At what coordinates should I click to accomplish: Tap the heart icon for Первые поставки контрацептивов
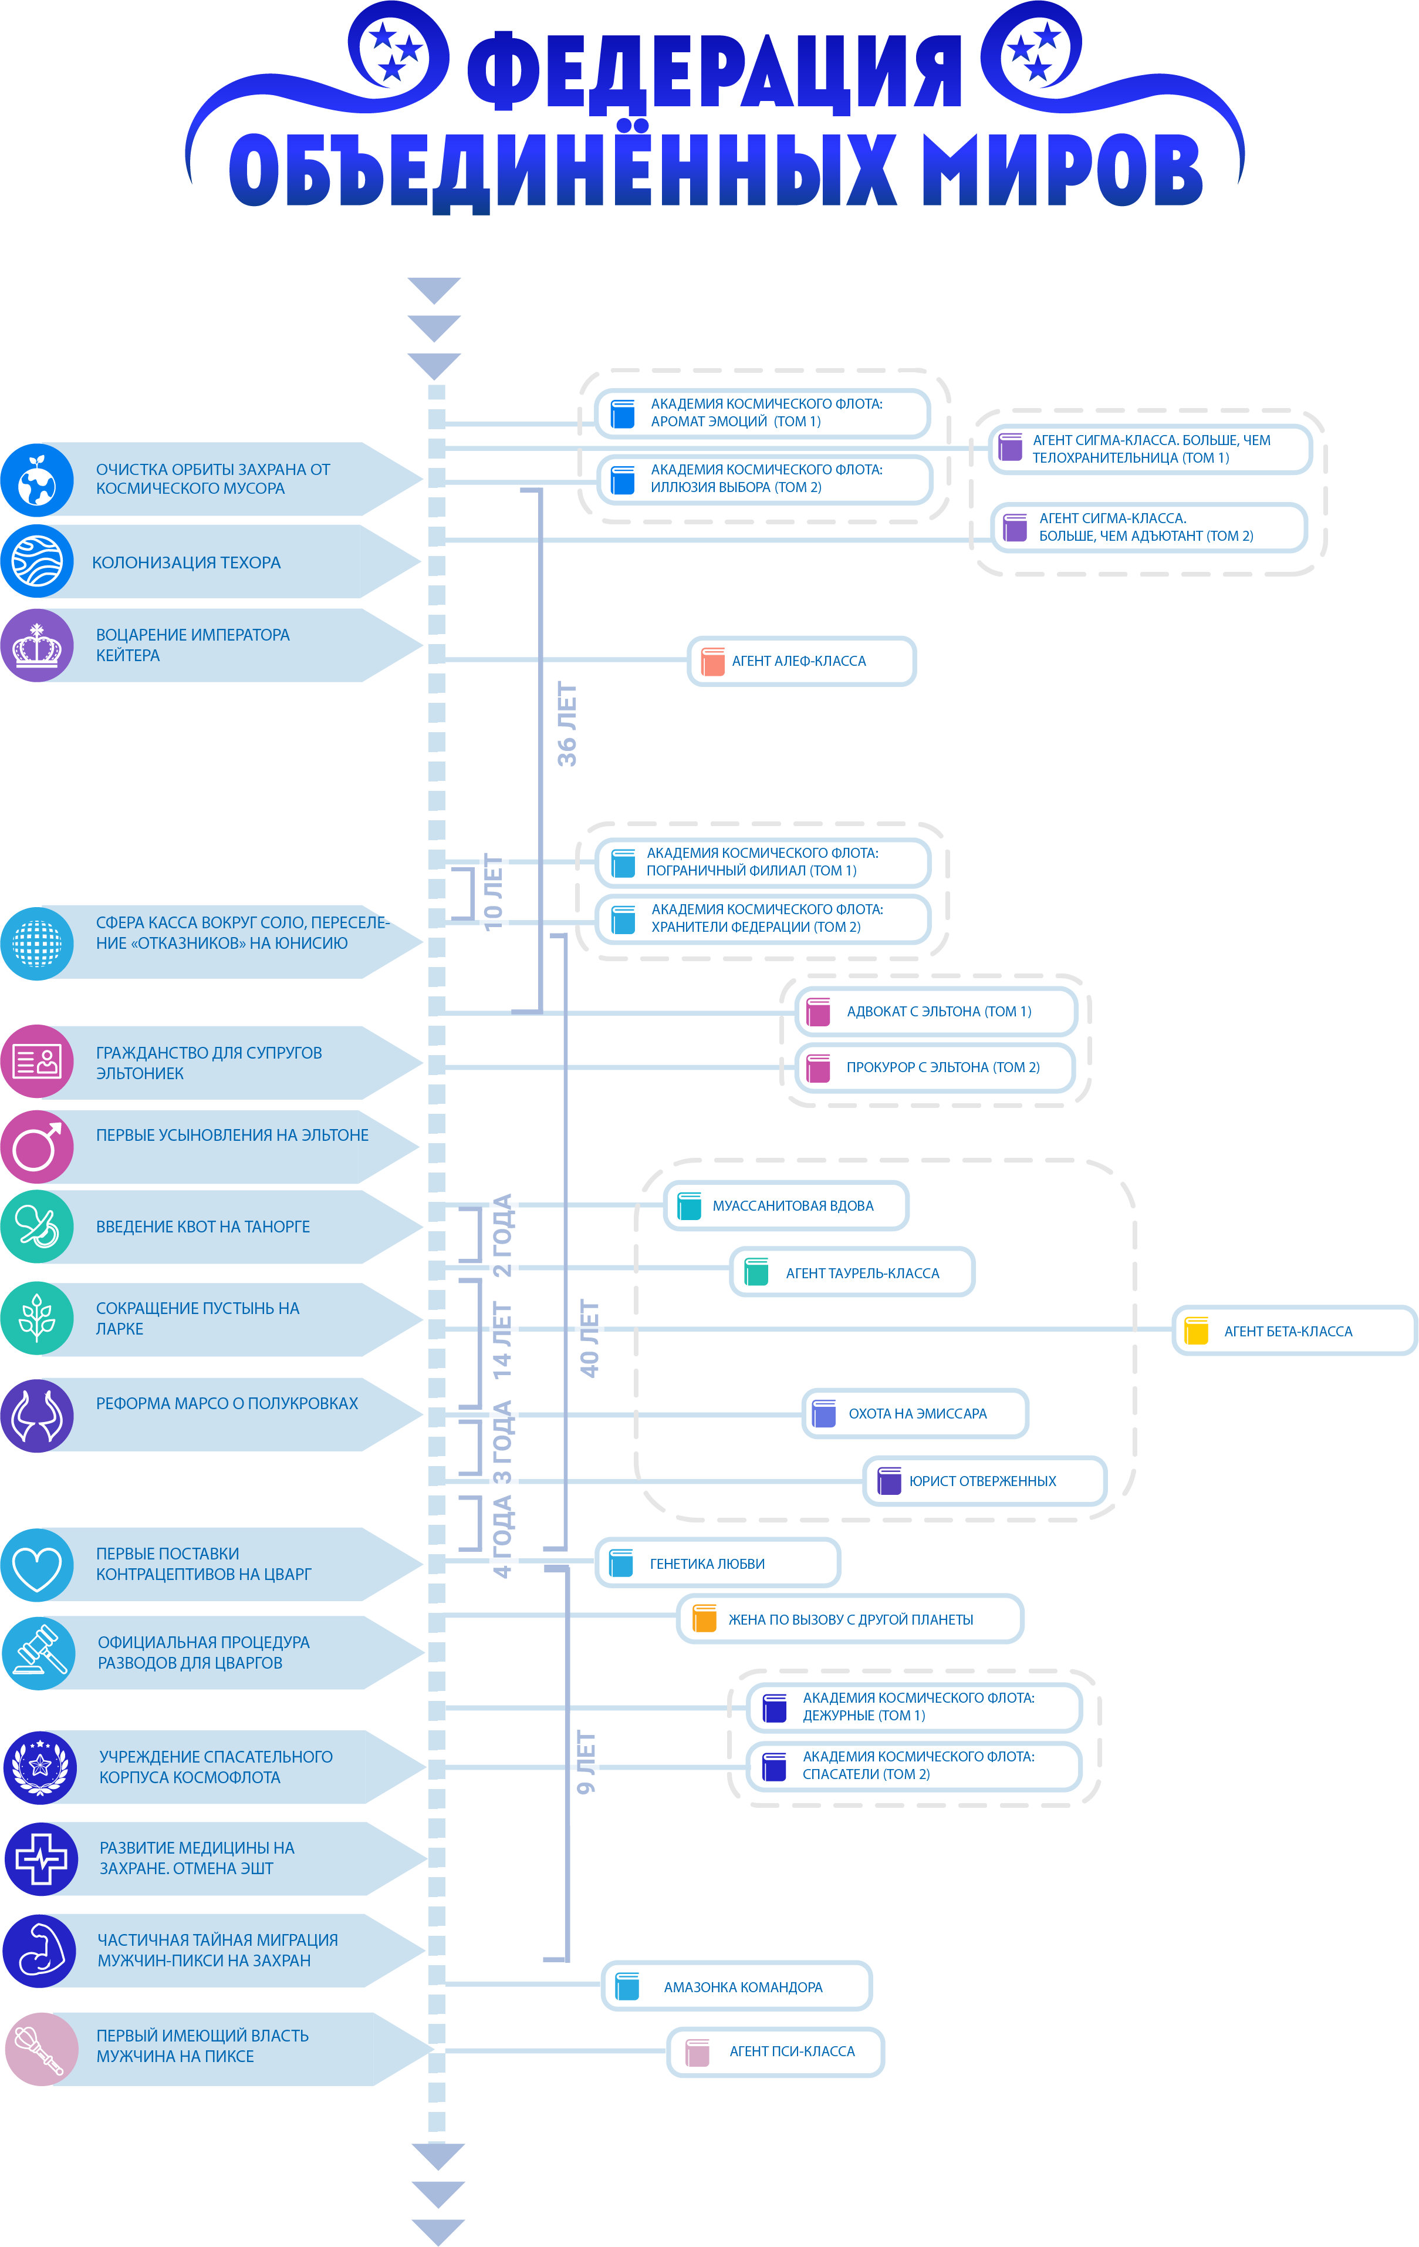[38, 1565]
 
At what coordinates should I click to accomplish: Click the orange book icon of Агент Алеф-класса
[713, 662]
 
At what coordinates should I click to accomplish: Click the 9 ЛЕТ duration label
[586, 1762]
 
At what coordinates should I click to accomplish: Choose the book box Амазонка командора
[737, 1987]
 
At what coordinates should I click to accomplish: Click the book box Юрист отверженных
[984, 1481]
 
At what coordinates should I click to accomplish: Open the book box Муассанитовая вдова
[786, 1205]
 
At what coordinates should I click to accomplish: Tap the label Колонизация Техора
[187, 562]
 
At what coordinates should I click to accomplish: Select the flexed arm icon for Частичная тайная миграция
[39, 1950]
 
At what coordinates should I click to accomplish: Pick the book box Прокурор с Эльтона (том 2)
[935, 1067]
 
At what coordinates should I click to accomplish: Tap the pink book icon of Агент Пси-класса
[697, 2052]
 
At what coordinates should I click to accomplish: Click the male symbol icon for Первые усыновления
[38, 1147]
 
